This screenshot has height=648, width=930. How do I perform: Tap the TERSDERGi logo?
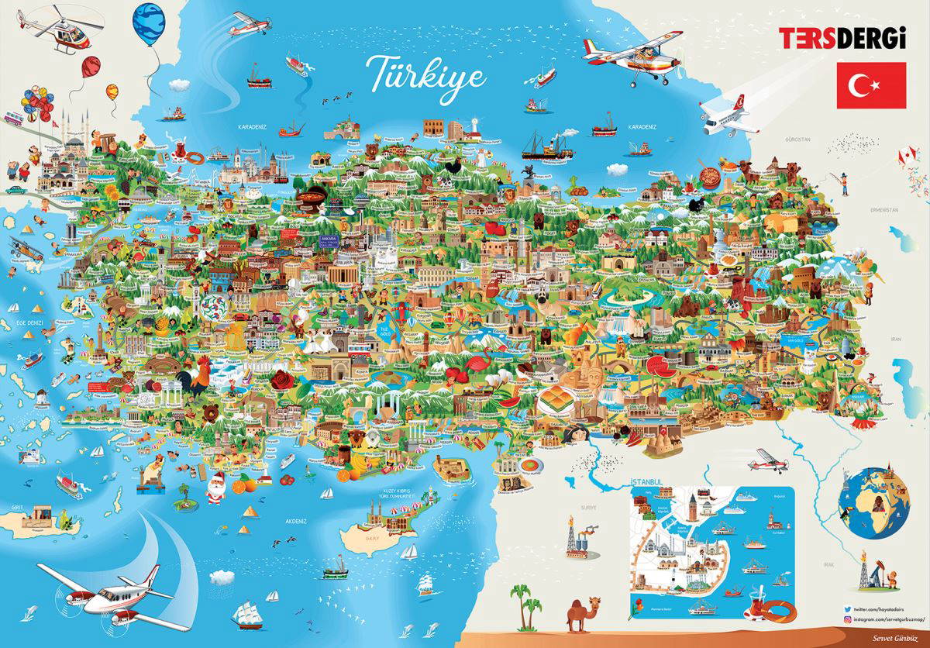point(842,39)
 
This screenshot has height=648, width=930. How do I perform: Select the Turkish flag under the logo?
point(871,85)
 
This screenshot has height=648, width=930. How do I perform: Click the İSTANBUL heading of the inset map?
point(648,481)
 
